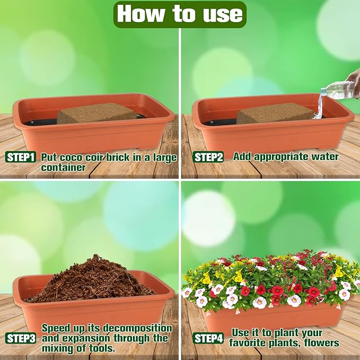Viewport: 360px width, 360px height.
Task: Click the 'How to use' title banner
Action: pos(180,14)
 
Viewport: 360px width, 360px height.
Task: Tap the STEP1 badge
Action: pos(21,157)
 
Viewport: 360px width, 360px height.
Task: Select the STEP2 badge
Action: pos(208,157)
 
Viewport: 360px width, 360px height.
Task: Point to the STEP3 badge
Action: pos(21,338)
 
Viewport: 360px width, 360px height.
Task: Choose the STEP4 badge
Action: pos(208,338)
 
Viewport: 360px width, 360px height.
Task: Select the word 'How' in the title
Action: pos(136,14)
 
